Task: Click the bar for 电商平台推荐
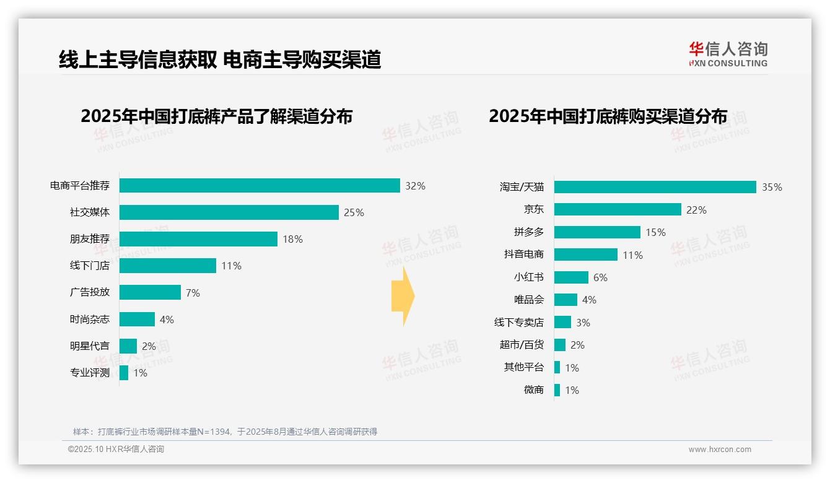click(260, 186)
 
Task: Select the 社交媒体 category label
click(90, 212)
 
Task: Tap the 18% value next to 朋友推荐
click(292, 239)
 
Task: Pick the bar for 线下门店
click(167, 266)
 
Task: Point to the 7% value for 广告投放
click(193, 293)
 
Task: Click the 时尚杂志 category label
click(90, 320)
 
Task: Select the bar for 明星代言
click(128, 346)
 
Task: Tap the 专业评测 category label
click(90, 373)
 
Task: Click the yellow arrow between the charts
click(403, 296)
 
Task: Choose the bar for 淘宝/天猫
click(655, 187)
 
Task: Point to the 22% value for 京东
click(696, 210)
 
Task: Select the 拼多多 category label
click(528, 232)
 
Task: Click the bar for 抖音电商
click(585, 255)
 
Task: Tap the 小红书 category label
click(528, 277)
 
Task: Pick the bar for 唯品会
click(565, 300)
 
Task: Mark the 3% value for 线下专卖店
click(583, 323)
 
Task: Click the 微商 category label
click(533, 390)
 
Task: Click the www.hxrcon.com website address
click(720, 450)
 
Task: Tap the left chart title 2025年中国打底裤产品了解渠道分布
click(216, 116)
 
